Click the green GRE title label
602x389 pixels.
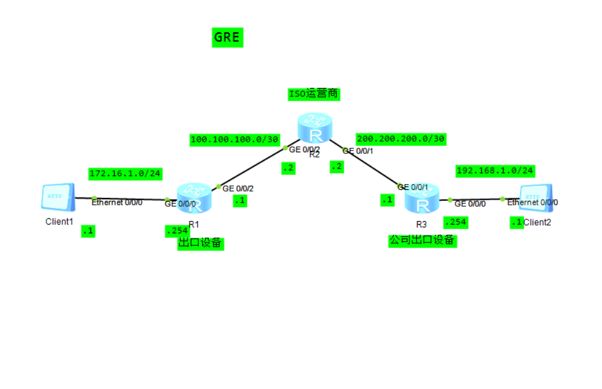pos(227,37)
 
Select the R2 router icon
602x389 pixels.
pos(315,129)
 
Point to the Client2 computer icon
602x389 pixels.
pos(535,198)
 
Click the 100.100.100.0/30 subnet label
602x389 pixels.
pos(235,140)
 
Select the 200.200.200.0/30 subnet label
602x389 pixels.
pos(401,139)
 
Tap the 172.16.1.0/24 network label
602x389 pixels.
pos(125,173)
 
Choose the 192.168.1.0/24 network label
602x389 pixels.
pos(495,171)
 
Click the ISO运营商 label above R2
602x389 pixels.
pos(314,94)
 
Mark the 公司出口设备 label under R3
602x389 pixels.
pos(422,240)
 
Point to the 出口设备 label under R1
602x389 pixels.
pos(200,243)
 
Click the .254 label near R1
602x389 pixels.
pos(176,231)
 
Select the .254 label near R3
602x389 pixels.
pos(455,222)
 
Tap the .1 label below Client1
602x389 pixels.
pos(88,231)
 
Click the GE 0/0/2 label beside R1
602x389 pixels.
pos(238,189)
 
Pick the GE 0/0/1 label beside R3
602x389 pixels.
pos(413,188)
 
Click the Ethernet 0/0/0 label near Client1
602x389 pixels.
pos(117,203)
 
